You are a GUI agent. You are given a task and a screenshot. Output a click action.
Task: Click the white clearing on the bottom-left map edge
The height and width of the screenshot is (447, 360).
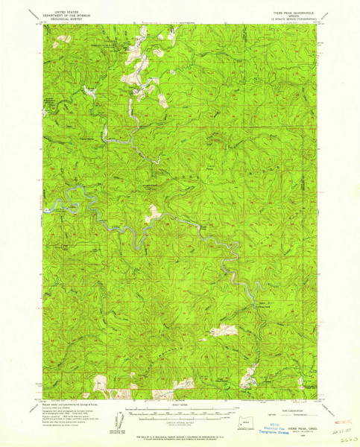(x=100, y=385)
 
